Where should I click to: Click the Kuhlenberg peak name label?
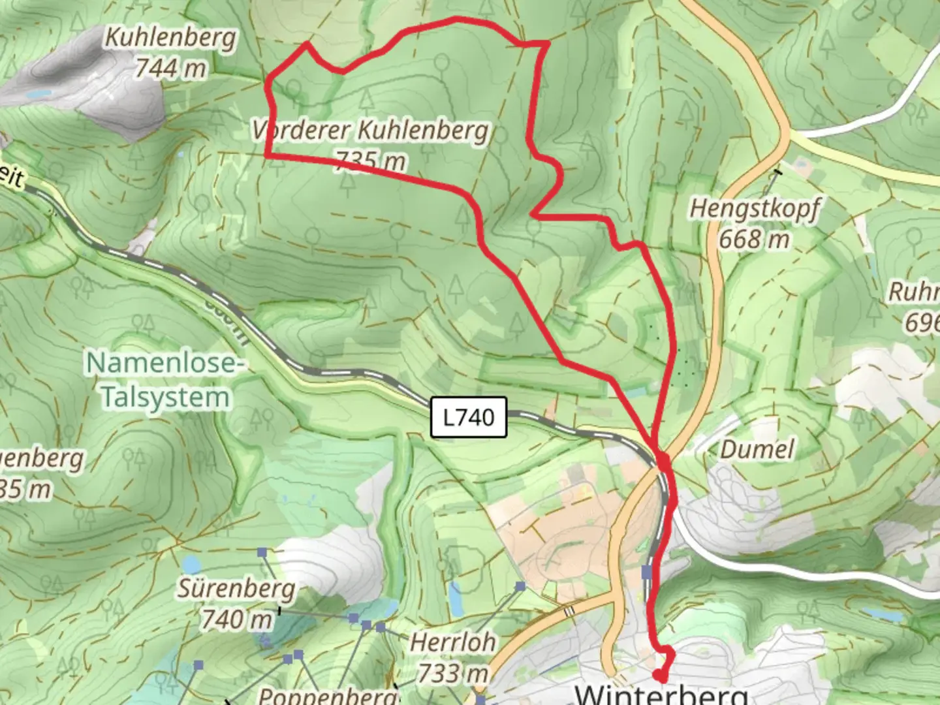170,38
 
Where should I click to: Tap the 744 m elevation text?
170,68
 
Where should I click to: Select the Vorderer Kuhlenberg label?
371,131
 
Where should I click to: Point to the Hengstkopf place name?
755,209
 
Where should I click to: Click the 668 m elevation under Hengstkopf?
755,240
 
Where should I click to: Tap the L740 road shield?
469,417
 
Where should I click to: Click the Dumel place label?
757,449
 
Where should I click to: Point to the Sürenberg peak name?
236,589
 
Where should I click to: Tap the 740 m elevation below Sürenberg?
236,619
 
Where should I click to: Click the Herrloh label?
452,642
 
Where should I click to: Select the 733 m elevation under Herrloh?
452,672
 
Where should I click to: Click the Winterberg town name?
661,693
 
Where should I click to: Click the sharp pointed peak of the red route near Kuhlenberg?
307,44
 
